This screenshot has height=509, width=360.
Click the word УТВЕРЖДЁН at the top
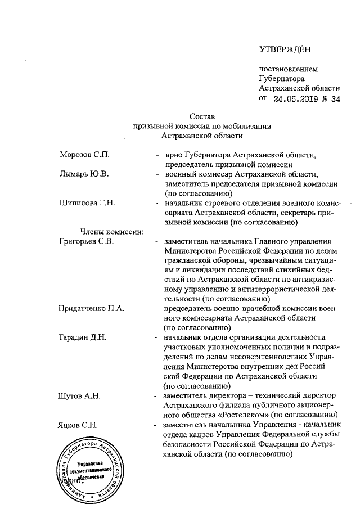coord(285,51)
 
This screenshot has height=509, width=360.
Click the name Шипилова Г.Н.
coord(87,203)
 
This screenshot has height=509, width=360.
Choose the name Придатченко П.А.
coord(92,309)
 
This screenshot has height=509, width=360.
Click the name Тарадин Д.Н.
coord(83,337)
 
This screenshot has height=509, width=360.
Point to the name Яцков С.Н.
coord(78,425)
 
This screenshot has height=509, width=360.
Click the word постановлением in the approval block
coord(288,70)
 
